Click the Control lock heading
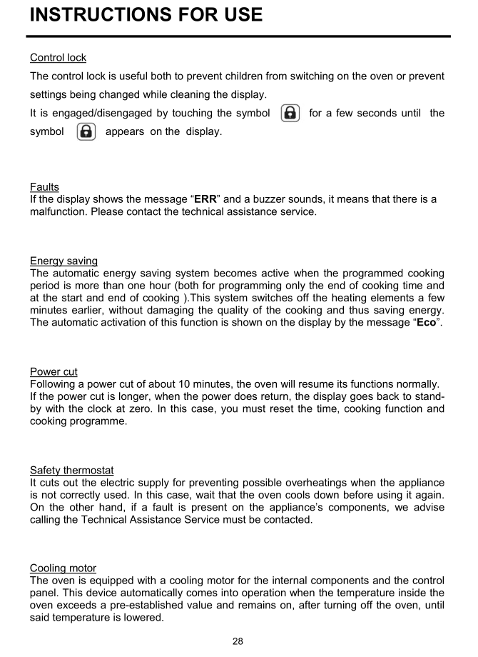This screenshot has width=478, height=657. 58,57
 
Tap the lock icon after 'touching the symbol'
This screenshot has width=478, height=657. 290,113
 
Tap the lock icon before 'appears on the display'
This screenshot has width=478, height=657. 86,132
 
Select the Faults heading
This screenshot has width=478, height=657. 44,187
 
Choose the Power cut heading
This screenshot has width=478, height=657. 54,371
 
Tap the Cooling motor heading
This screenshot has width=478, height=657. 63,568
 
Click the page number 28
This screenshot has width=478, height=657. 238,641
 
